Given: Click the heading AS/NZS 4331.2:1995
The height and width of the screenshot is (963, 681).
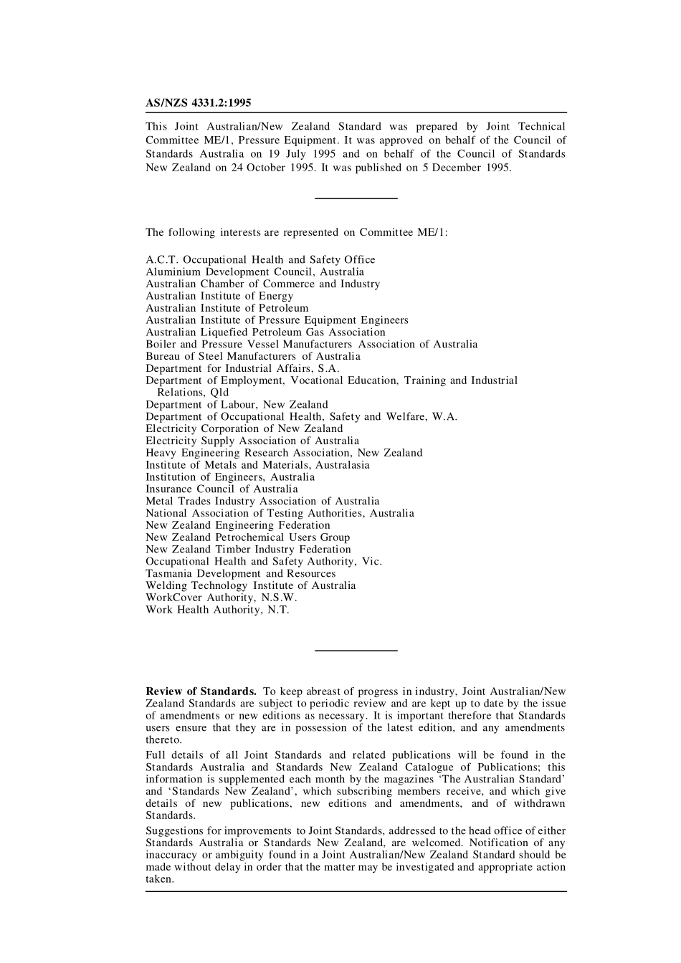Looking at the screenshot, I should point(199,103).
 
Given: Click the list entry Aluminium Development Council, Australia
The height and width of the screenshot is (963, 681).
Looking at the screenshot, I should point(254,272).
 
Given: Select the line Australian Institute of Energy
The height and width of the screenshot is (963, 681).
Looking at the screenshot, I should point(219,296).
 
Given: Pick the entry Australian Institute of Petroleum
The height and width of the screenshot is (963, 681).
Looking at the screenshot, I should point(227,308).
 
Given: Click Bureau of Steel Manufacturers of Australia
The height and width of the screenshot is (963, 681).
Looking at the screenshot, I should point(253,356).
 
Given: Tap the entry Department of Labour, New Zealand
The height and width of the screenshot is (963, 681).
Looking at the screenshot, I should point(237,405).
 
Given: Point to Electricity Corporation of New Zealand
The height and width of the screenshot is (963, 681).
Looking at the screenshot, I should point(244,428).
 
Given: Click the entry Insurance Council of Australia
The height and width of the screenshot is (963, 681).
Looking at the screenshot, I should point(222,489).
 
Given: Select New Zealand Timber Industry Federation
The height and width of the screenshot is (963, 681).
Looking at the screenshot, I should point(248,550).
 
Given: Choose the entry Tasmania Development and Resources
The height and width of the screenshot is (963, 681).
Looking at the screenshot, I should point(240,573).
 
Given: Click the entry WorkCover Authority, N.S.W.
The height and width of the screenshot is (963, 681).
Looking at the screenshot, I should point(222,598).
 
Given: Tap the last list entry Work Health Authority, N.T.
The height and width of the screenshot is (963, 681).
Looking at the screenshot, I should point(217,610).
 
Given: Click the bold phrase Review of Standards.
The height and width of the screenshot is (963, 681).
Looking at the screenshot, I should point(201,691).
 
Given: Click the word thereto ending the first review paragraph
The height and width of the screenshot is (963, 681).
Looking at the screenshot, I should point(164,740).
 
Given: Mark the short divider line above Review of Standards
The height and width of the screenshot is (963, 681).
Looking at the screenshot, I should point(356,651).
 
